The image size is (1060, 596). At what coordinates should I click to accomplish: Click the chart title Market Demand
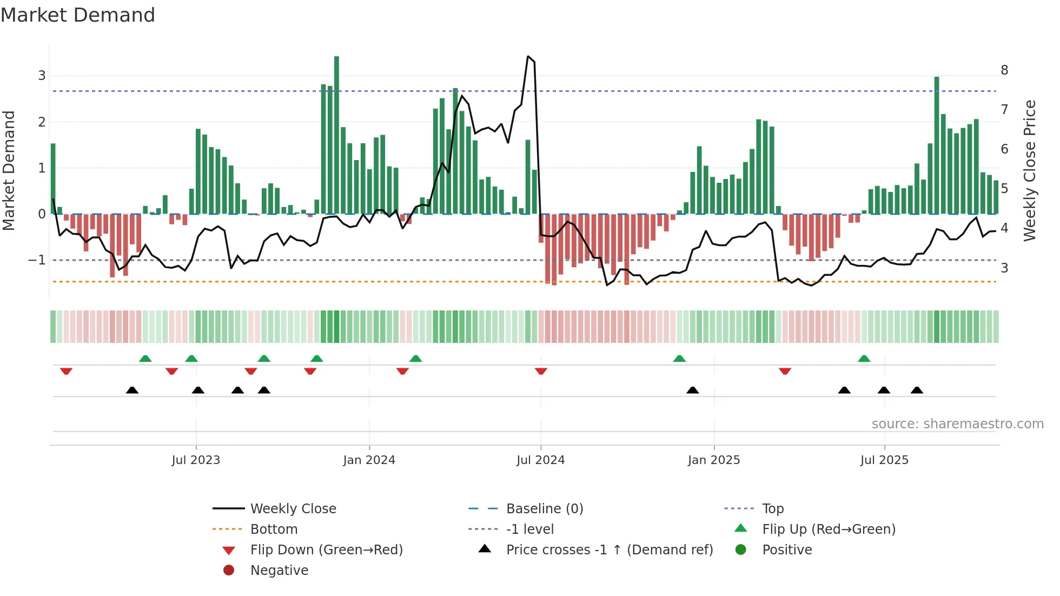pyautogui.click(x=78, y=15)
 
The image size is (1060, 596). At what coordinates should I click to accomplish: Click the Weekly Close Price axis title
pyautogui.click(x=1030, y=170)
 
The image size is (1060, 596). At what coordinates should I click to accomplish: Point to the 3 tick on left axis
pyautogui.click(x=42, y=76)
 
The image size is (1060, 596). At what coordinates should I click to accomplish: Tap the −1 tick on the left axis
pyautogui.click(x=37, y=260)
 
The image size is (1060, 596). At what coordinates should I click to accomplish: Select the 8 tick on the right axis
pyautogui.click(x=1004, y=70)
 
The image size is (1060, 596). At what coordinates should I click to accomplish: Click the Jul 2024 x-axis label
pyautogui.click(x=540, y=460)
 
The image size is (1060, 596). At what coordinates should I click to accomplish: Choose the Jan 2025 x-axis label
pyautogui.click(x=713, y=460)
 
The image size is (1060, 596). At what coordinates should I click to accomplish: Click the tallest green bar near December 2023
pyautogui.click(x=336, y=135)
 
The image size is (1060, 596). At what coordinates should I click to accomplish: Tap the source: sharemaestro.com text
pyautogui.click(x=957, y=424)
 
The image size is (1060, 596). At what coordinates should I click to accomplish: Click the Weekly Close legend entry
pyautogui.click(x=293, y=509)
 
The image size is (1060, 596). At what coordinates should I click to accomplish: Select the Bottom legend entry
pyautogui.click(x=274, y=529)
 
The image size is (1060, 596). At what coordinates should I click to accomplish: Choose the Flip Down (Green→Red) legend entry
pyautogui.click(x=326, y=550)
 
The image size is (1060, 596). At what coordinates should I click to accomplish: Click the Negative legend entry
pyautogui.click(x=279, y=571)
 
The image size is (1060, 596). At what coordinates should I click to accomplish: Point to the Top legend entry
pyautogui.click(x=772, y=509)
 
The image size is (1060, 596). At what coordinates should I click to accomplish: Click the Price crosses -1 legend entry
pyautogui.click(x=609, y=550)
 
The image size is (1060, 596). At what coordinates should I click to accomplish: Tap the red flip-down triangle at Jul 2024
pyautogui.click(x=541, y=371)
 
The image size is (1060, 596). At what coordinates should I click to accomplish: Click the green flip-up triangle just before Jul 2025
pyautogui.click(x=864, y=359)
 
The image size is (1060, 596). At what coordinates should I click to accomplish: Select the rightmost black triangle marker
pyautogui.click(x=917, y=390)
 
